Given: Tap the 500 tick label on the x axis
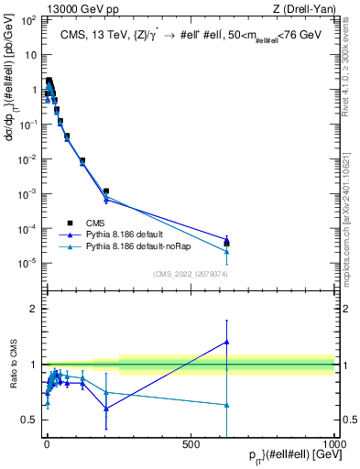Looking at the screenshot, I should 191,443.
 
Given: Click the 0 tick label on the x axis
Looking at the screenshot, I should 46,443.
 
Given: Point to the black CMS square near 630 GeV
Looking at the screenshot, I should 226,244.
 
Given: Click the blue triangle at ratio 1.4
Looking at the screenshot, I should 226,342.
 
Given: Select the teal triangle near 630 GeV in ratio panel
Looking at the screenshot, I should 226,404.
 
